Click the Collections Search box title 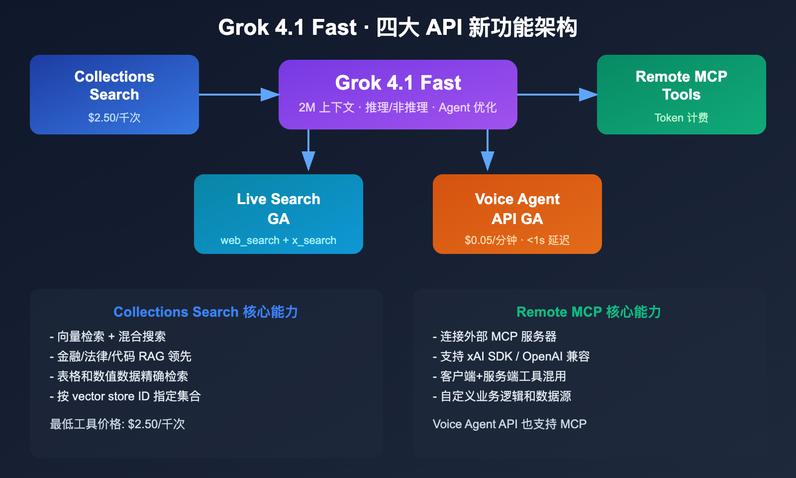pyautogui.click(x=114, y=85)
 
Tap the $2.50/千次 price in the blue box pyautogui.click(x=114, y=118)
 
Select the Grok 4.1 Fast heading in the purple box pyautogui.click(x=398, y=83)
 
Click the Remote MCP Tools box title pyautogui.click(x=681, y=85)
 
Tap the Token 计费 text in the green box pyautogui.click(x=681, y=118)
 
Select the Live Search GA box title pyautogui.click(x=279, y=209)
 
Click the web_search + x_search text pyautogui.click(x=279, y=240)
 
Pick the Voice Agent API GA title pyautogui.click(x=517, y=209)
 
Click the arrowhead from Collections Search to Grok pyautogui.click(x=270, y=95)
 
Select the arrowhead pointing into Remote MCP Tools pyautogui.click(x=588, y=95)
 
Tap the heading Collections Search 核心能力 pyautogui.click(x=206, y=312)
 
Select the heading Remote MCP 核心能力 pyautogui.click(x=589, y=312)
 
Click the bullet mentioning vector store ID pyautogui.click(x=125, y=396)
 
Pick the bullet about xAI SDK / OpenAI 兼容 pyautogui.click(x=511, y=357)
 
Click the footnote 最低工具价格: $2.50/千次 pyautogui.click(x=117, y=424)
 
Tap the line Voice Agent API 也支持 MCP pyautogui.click(x=509, y=424)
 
